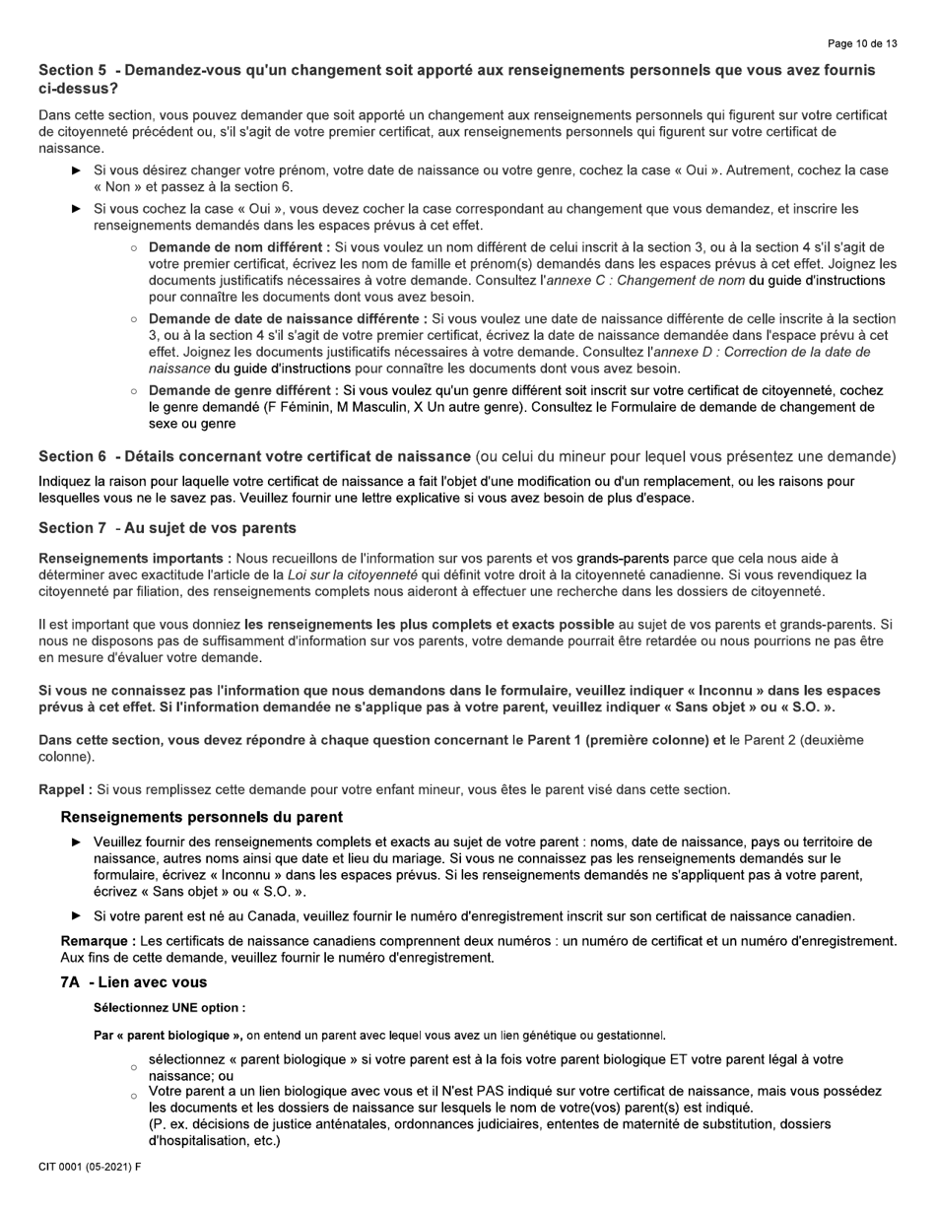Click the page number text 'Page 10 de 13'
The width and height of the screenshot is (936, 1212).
click(862, 43)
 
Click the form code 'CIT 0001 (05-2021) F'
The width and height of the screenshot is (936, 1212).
click(90, 1168)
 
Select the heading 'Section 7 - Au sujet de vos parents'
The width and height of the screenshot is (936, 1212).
click(167, 528)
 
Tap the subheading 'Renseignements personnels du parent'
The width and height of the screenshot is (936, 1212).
click(202, 817)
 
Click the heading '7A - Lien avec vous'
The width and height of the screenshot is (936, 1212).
click(134, 982)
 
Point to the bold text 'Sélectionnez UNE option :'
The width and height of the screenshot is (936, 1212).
click(169, 1008)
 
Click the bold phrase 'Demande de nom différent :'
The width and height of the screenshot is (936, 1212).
click(239, 247)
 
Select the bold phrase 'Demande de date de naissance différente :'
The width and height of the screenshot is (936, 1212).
click(288, 319)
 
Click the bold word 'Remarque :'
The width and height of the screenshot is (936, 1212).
click(97, 941)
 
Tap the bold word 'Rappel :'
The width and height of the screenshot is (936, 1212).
click(65, 789)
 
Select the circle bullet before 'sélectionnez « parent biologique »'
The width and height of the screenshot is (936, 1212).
click(133, 1067)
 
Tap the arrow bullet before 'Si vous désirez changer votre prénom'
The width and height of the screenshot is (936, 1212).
click(77, 170)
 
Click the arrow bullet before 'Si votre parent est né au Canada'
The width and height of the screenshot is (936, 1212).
click(77, 916)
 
